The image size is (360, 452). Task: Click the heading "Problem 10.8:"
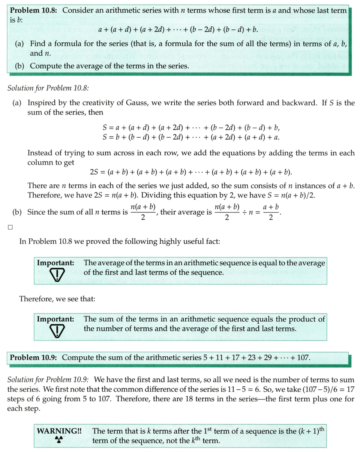click(33, 11)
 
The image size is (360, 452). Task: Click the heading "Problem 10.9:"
click(33, 357)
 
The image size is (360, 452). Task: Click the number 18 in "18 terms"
click(154, 399)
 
